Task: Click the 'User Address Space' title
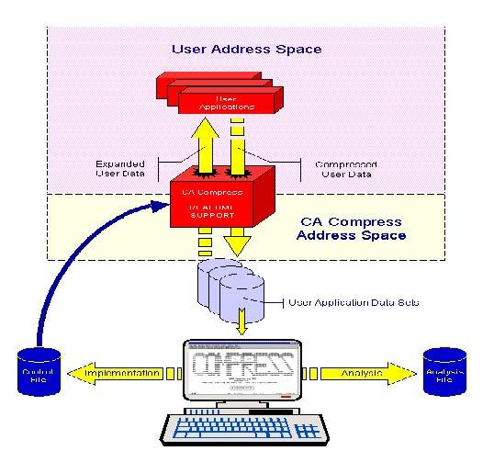pyautogui.click(x=245, y=48)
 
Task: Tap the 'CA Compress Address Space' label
pyautogui.click(x=354, y=229)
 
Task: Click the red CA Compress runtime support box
pyautogui.click(x=218, y=204)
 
